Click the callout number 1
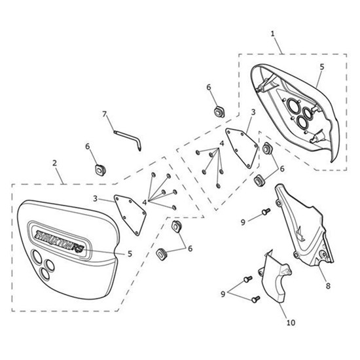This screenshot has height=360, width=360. click(x=272, y=34)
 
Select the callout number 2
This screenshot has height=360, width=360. click(x=54, y=163)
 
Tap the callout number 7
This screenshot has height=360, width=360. click(x=105, y=114)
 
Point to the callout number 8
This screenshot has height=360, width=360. click(x=328, y=286)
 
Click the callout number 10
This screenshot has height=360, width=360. click(x=291, y=323)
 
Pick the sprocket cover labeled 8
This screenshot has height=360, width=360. click(x=303, y=227)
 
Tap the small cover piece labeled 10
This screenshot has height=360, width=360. click(x=276, y=277)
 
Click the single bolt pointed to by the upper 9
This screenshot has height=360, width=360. click(x=266, y=211)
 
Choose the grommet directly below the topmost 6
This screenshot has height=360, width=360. click(x=219, y=111)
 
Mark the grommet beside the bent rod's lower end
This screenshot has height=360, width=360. click(x=100, y=170)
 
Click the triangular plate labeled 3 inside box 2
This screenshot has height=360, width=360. click(x=130, y=215)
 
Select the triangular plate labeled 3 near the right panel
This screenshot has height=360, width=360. click(x=242, y=147)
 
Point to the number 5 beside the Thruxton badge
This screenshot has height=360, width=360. click(x=130, y=254)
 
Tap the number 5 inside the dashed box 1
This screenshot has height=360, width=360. click(x=322, y=67)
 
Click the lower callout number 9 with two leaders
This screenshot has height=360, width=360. click(x=223, y=294)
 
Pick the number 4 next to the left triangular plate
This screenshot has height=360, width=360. click(x=145, y=202)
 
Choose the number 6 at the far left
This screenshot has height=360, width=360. click(x=88, y=146)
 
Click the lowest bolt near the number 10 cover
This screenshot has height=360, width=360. click(x=256, y=299)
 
